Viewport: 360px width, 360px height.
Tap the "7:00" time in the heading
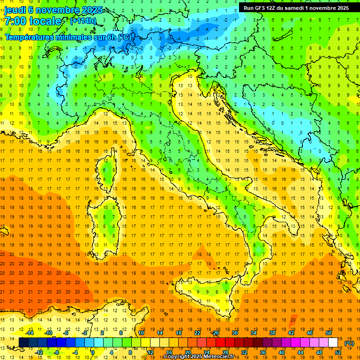15,21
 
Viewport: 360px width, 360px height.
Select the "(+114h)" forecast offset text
83,21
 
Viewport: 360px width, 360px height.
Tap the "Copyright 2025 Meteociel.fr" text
202,357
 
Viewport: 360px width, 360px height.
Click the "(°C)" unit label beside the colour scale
349,343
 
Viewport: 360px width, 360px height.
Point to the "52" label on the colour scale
338,352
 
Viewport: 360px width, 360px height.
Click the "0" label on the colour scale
93,352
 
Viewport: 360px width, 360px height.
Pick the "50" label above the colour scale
329,333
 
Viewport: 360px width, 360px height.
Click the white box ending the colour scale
333,343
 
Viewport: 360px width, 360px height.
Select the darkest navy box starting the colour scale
23,343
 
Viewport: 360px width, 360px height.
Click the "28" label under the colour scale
225,352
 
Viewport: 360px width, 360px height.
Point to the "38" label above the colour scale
272,333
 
